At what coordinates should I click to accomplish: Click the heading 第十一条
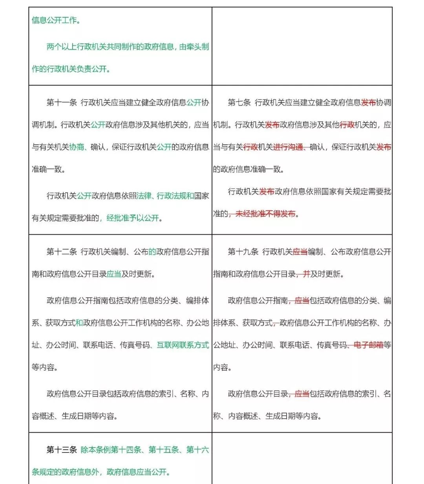[x=62, y=103]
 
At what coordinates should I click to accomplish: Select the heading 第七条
[x=239, y=103]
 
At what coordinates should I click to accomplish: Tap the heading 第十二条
[x=62, y=252]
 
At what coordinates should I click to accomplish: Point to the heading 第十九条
[x=243, y=252]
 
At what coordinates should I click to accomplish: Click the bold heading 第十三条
[x=62, y=449]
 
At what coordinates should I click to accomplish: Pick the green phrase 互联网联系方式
[x=183, y=345]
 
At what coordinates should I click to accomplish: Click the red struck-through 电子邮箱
[x=368, y=345]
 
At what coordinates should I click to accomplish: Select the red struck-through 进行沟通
[x=288, y=147]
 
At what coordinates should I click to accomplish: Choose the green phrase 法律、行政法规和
[x=165, y=195]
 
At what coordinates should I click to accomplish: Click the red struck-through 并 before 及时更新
[x=306, y=274]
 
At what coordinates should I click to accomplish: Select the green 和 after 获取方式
[x=79, y=323]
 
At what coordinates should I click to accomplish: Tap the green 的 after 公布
[x=152, y=252]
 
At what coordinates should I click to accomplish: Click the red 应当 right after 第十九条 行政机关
[x=300, y=252]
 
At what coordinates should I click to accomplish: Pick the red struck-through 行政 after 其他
[x=347, y=125]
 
